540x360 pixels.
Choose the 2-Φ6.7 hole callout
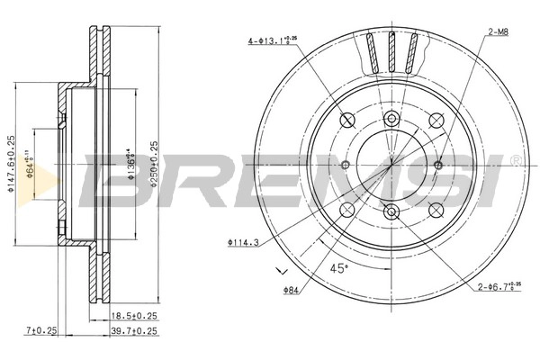pos(499,289)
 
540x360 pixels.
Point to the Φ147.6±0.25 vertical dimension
pos(12,164)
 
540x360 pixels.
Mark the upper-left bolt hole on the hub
pos(348,121)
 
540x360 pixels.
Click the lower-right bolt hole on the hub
pos(435,209)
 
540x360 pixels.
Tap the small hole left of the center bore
pos(346,165)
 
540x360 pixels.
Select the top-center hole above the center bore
pos(391,120)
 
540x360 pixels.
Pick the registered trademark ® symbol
pos(514,160)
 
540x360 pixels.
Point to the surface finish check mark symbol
pos(279,270)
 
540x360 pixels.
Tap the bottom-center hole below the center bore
pos(391,211)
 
